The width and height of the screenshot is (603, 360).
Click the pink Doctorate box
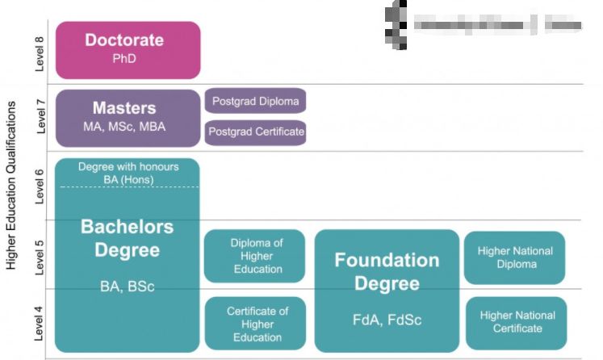click(x=128, y=49)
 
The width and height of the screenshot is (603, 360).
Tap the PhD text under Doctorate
click(x=124, y=59)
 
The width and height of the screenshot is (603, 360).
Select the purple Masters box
click(x=128, y=118)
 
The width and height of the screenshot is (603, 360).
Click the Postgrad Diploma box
click(x=255, y=101)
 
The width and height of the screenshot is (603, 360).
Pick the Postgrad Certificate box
click(x=255, y=132)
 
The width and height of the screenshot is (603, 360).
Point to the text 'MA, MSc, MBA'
click(x=124, y=128)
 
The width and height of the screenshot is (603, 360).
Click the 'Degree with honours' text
click(x=128, y=167)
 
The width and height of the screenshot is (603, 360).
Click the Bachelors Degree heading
click(x=127, y=237)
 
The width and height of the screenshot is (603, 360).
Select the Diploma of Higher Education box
click(x=255, y=256)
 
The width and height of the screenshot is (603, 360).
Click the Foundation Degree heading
click(x=387, y=272)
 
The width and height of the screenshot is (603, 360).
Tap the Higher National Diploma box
click(x=514, y=257)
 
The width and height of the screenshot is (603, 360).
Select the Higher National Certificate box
click(x=516, y=322)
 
